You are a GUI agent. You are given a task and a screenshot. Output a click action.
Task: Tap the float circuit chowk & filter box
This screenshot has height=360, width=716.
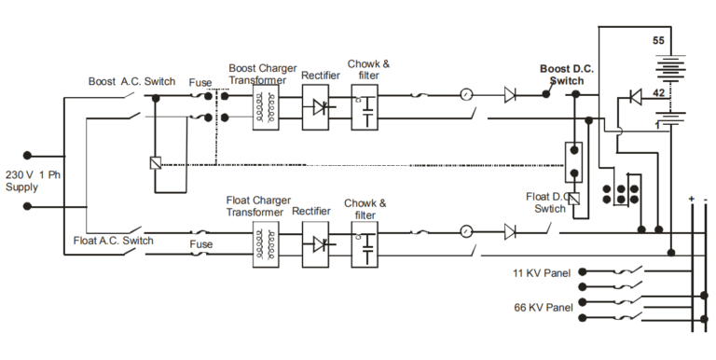tap(367, 245)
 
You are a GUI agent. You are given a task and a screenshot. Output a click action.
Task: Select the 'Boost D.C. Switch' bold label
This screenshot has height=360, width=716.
tap(567, 75)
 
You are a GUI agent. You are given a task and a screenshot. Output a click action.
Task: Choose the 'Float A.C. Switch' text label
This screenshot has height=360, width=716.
tap(113, 241)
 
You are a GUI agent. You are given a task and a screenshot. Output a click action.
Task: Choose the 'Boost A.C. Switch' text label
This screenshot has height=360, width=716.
tap(131, 82)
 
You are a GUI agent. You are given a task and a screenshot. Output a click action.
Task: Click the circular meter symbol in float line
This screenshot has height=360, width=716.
tap(467, 230)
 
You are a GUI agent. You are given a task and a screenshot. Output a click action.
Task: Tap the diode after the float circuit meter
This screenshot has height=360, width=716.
tap(509, 230)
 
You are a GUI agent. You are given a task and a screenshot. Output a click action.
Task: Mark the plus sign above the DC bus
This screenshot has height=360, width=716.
tap(691, 199)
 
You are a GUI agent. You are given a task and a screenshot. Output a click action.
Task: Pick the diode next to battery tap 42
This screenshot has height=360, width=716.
tap(634, 95)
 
